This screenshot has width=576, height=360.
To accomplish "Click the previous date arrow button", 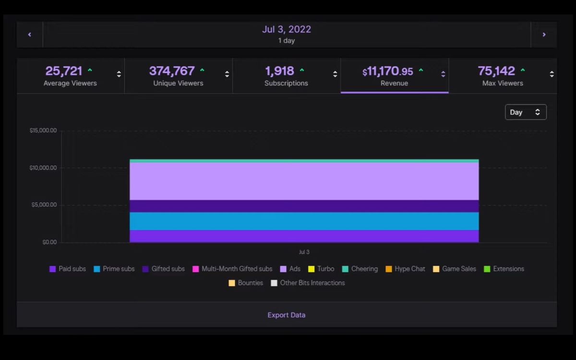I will (30, 35).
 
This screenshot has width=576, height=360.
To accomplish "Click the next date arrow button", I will (544, 35).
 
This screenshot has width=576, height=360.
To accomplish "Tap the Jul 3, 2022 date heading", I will (287, 29).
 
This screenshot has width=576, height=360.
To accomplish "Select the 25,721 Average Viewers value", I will (64, 71).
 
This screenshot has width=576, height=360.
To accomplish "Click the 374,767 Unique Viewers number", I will (172, 71).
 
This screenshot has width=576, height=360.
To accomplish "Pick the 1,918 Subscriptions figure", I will (280, 71).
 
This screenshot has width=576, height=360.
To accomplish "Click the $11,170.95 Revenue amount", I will (388, 72).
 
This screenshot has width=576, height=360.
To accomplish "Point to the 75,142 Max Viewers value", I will (496, 71).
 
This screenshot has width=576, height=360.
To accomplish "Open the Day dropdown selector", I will (526, 112).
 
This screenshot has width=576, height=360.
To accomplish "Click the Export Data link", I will (287, 315).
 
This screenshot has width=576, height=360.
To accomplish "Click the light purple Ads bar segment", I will (304, 181).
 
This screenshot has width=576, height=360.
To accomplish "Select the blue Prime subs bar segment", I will (304, 221).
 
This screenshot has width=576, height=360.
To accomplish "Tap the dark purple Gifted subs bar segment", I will (304, 206).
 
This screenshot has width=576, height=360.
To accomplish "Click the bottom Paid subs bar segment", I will (304, 236).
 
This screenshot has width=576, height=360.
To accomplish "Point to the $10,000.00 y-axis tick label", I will (43, 168).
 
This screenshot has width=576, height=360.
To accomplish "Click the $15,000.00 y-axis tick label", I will (43, 131).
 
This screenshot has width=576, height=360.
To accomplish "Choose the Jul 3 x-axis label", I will (304, 252).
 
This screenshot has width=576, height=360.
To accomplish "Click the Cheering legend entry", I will (360, 269).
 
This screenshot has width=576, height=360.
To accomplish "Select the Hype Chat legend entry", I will (405, 269).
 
